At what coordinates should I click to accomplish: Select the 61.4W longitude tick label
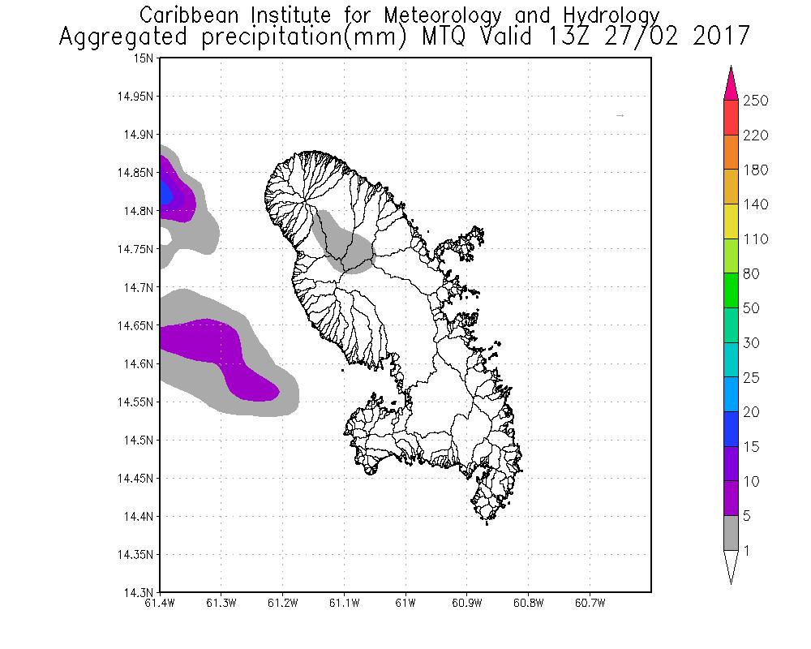tap(161, 603)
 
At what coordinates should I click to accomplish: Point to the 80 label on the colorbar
tap(751, 274)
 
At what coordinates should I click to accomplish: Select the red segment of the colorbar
tap(731, 118)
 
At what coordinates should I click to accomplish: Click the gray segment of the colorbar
tap(731, 534)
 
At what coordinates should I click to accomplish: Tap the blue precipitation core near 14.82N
tap(165, 193)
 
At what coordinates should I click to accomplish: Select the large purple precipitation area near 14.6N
tap(223, 353)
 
